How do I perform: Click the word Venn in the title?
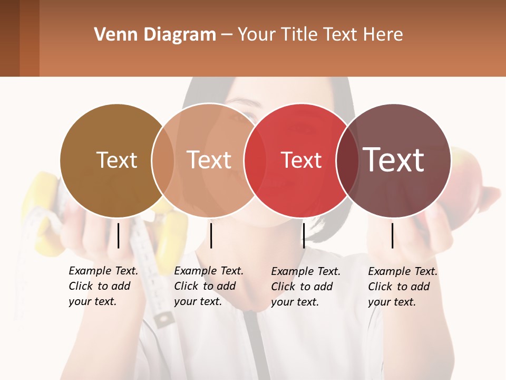tap(111, 35)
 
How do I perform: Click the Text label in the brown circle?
tap(116, 160)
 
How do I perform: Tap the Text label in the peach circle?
tap(209, 160)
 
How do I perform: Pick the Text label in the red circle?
tap(301, 160)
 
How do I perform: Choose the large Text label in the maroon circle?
tap(394, 159)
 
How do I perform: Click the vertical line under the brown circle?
tap(118, 235)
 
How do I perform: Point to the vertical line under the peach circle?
tap(211, 235)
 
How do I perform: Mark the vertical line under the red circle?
tap(304, 235)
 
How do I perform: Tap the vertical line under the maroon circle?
tap(393, 235)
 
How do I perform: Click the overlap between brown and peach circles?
tap(163, 160)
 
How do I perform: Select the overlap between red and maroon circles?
tap(348, 160)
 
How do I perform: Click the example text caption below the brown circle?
tap(103, 286)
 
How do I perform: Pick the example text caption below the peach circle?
tap(209, 286)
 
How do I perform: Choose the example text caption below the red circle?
tap(306, 287)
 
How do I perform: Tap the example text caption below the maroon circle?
tap(403, 287)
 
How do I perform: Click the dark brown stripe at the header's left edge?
tap(9, 38)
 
